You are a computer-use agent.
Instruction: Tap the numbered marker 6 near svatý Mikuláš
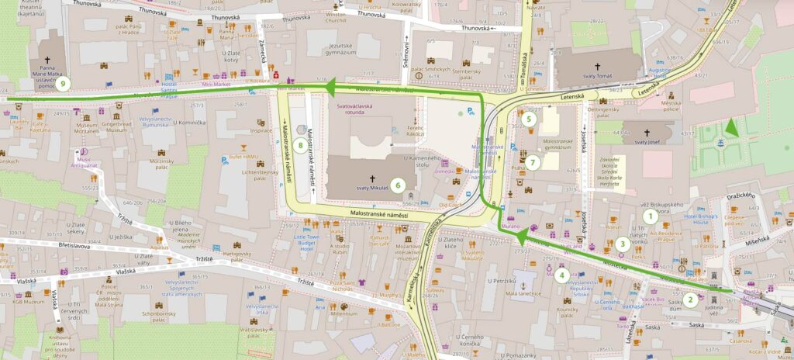(397, 185)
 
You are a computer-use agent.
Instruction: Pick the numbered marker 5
(529, 119)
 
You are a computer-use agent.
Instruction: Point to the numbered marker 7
(533, 164)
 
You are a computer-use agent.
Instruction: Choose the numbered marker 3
(622, 244)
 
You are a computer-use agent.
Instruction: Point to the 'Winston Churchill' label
(336, 19)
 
